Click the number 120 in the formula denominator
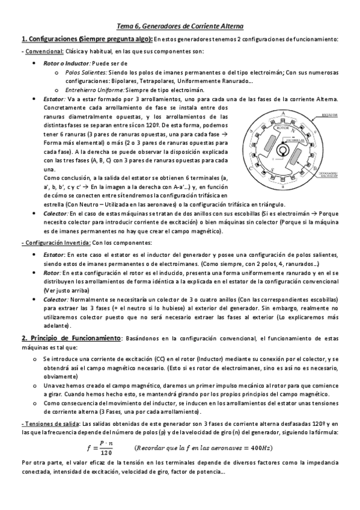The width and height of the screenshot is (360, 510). point(106,452)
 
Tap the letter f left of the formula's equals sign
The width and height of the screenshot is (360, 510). point(89,448)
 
